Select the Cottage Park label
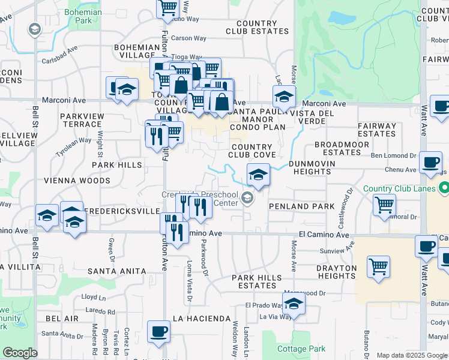coord(301,349)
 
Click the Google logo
coord(20,353)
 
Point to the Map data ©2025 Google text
coord(411,355)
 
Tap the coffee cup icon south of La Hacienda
coord(159,332)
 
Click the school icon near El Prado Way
coord(294,305)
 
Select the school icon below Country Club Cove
coord(258,175)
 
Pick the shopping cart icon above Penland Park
coord(384,204)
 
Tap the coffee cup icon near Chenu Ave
coord(430,162)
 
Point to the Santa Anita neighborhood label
coord(116,271)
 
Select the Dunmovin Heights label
coord(309,167)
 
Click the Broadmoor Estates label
coord(337,149)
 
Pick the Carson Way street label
coord(188,38)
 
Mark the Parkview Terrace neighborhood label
coord(81,119)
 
